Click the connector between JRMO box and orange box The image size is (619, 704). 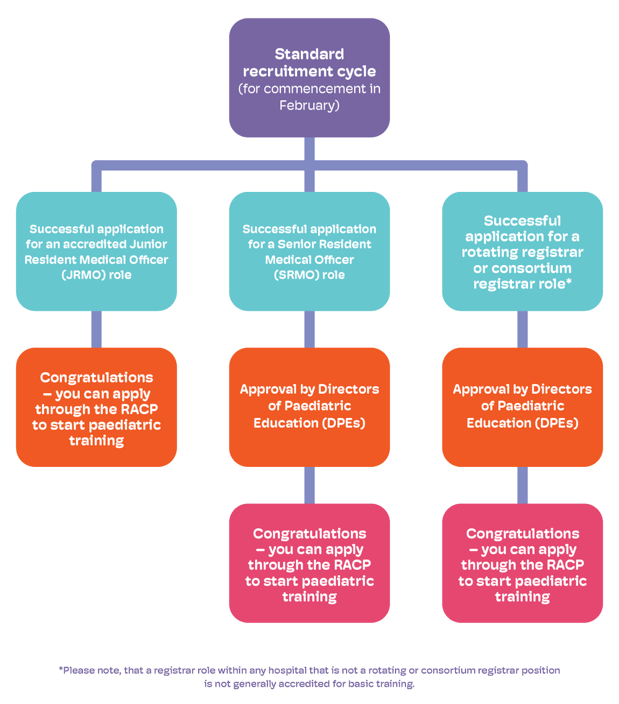[x=96, y=329]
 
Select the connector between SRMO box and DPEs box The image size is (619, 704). [x=309, y=329]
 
